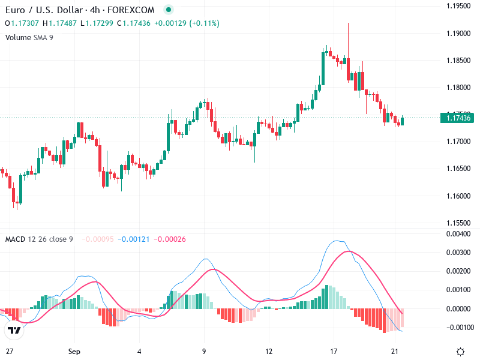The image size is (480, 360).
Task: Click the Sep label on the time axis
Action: point(74,351)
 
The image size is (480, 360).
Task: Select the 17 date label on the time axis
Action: point(334,351)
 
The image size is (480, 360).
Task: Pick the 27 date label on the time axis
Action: point(9,351)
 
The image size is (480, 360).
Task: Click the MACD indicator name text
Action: point(15,239)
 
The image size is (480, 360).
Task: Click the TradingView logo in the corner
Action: point(14,330)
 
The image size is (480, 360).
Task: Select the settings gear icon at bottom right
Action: point(460,352)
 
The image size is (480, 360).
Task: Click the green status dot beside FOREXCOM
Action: point(168,10)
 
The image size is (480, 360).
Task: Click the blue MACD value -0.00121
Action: point(132,239)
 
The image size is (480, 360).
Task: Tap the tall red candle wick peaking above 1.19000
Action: point(348,36)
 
